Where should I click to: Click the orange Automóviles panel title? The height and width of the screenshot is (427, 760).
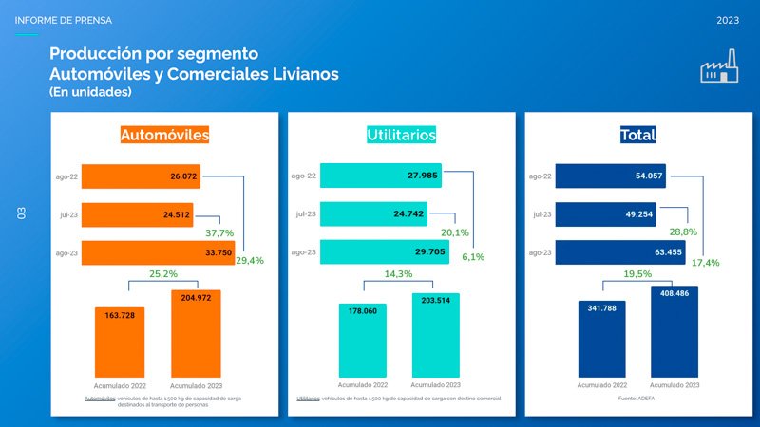(164, 136)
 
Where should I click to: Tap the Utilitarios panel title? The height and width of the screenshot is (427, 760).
(401, 136)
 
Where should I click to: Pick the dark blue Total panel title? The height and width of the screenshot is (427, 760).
(637, 136)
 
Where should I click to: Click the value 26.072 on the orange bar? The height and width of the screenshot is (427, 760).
(183, 176)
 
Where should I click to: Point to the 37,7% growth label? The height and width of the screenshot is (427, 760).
(219, 232)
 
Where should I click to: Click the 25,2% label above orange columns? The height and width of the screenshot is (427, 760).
(163, 274)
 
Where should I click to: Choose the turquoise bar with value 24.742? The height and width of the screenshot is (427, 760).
(373, 214)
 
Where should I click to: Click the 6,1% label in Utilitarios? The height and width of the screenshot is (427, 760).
(473, 257)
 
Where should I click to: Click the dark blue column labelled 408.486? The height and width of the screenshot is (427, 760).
(674, 332)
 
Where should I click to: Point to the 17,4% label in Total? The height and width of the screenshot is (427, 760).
(704, 262)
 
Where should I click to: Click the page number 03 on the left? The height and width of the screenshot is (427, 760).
(22, 214)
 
